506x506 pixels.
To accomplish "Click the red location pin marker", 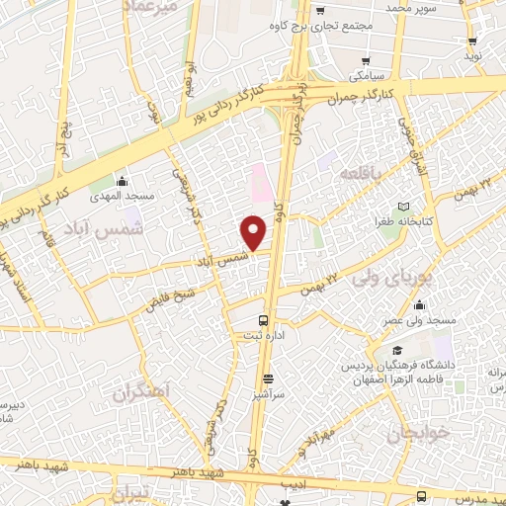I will (x=254, y=232).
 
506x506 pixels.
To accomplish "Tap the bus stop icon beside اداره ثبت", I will (x=263, y=320).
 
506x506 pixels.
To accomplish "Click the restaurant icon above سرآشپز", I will (x=268, y=379).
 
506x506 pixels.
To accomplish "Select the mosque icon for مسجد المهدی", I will (x=121, y=181).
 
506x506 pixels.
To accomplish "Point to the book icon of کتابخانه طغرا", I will (x=403, y=207).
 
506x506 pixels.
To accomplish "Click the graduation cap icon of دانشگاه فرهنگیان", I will (x=397, y=351).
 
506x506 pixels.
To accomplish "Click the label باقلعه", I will (x=361, y=173).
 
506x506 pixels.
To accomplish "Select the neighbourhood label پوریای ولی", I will (x=426, y=280).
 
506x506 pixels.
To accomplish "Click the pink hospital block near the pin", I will (x=259, y=181).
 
